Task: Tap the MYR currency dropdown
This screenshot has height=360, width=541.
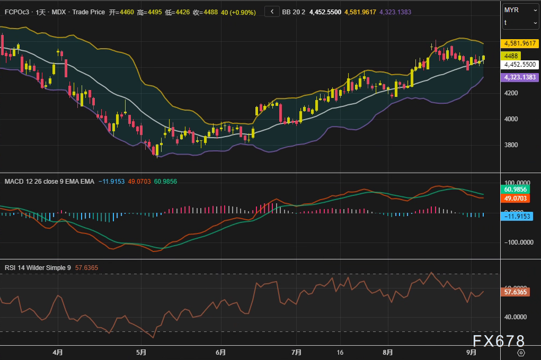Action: click(520, 10)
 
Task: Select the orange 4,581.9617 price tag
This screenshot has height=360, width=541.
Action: click(520, 44)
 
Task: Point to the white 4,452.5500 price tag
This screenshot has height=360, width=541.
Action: click(520, 64)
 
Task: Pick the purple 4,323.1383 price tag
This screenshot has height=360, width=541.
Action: click(520, 77)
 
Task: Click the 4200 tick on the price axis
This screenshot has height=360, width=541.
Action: click(511, 93)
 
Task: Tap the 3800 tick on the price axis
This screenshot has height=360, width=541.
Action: click(511, 145)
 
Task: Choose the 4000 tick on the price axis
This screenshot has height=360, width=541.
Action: click(511, 119)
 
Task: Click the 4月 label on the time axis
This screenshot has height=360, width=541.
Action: click(58, 352)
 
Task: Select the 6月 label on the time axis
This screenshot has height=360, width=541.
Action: click(221, 352)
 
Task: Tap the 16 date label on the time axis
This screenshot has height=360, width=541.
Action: click(340, 352)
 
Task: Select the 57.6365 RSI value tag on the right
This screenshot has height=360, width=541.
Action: click(518, 292)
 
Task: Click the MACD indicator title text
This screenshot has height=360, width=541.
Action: click(49, 181)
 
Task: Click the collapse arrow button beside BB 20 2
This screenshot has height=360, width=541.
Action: click(272, 12)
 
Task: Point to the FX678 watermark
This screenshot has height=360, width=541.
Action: click(499, 340)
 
